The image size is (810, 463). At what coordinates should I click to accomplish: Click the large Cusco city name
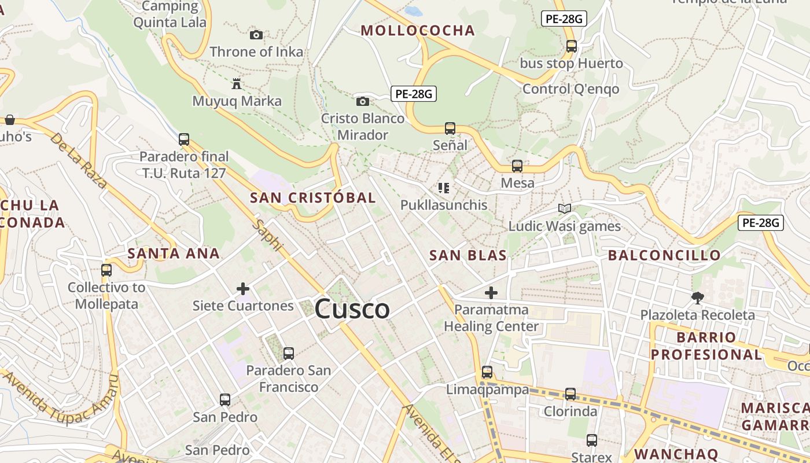(x=352, y=309)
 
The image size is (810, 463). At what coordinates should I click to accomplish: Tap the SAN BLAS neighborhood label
(x=468, y=255)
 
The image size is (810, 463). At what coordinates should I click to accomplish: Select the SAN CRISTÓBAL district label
(x=313, y=197)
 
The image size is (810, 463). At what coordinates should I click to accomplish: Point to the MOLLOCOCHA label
(x=418, y=31)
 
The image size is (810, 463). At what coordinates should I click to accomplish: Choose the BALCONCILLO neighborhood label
(x=664, y=255)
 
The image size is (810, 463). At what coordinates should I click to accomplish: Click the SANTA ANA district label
(x=174, y=253)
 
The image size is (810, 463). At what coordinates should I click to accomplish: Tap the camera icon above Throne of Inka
(x=256, y=35)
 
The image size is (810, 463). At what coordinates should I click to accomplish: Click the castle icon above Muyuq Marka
(x=236, y=84)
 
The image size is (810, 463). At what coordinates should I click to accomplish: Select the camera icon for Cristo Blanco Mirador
(x=363, y=101)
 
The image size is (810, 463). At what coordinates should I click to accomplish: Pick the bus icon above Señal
(x=450, y=128)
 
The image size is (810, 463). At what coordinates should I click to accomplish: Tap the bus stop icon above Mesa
(x=517, y=166)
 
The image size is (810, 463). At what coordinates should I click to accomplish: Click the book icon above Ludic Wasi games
(x=565, y=208)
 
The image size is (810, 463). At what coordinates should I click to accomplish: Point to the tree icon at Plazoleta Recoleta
(x=697, y=298)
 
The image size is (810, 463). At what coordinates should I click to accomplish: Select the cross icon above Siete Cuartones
(x=243, y=288)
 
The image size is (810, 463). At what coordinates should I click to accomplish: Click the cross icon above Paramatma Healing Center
(x=491, y=292)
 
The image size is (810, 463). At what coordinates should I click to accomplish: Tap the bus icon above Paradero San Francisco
(x=289, y=353)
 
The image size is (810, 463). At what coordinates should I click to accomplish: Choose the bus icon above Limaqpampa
(x=487, y=372)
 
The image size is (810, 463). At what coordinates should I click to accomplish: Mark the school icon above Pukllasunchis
(x=444, y=188)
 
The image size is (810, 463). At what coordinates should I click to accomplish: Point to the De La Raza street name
(x=78, y=160)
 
